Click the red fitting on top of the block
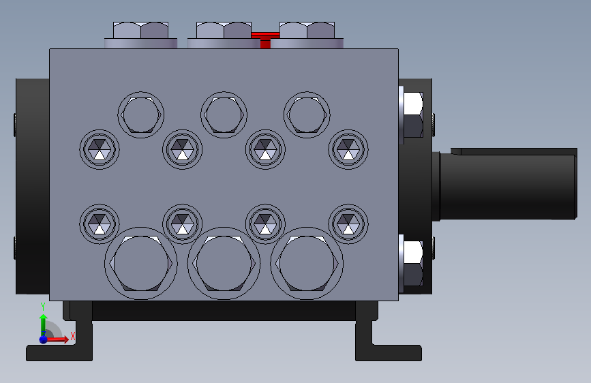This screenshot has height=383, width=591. [x=265, y=40]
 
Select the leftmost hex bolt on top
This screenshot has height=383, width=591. [x=140, y=35]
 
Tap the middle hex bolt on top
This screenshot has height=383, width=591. [x=224, y=35]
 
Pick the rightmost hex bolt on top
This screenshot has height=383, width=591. [x=307, y=35]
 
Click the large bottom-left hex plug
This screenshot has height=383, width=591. [x=141, y=263]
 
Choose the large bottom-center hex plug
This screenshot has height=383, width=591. [x=224, y=263]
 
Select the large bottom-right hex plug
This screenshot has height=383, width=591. [x=307, y=263]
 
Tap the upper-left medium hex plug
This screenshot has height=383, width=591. [x=141, y=114]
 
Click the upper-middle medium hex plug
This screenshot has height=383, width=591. [x=224, y=114]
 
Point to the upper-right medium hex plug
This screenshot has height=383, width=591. [x=307, y=114]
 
